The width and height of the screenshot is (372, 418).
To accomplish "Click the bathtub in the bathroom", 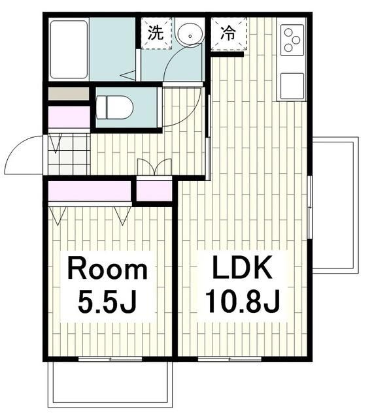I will pos(69,49).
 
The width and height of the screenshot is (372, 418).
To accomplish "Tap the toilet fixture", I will pos(115,107).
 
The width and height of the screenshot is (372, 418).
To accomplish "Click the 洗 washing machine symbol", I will pos(156,33).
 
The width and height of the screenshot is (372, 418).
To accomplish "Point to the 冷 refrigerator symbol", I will pos(229,33).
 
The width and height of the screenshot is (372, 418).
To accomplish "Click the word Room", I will pos(108,268).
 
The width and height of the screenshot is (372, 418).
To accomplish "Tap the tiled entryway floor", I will pos(68,154).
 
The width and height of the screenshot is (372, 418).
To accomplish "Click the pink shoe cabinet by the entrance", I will pos(69,118).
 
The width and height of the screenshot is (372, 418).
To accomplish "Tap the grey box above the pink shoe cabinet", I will pos(68,93).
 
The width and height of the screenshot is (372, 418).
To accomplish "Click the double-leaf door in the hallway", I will pos(155,167).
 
